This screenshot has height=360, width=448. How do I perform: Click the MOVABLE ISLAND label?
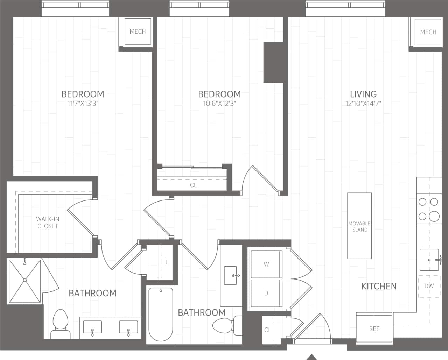click(359, 226)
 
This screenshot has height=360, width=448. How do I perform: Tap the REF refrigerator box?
click(374, 329)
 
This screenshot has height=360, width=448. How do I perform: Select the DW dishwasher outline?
click(429, 286)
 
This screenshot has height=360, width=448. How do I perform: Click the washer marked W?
click(266, 264)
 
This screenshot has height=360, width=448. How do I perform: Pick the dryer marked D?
click(266, 293)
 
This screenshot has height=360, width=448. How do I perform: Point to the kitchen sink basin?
click(429, 260)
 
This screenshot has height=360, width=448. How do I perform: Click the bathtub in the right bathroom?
click(161, 314)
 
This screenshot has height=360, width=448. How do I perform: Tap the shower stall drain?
click(25, 280)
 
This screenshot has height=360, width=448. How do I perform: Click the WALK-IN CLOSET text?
click(48, 223)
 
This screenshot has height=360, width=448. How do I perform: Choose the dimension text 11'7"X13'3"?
click(83, 103)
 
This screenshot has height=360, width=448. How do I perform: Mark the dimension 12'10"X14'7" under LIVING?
click(363, 103)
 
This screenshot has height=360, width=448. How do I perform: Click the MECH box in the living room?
click(428, 32)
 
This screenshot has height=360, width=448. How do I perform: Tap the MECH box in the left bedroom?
click(138, 31)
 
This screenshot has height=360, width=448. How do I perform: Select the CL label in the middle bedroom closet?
click(193, 185)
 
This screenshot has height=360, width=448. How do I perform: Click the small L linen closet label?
click(167, 262)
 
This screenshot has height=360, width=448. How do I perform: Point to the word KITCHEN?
click(379, 286)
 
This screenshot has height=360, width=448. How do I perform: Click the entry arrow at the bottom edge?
click(311, 357)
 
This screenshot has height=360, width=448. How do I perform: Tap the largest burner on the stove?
click(434, 216)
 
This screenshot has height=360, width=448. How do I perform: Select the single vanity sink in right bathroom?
click(231, 275)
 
